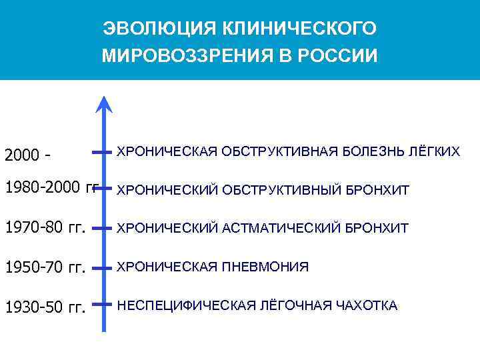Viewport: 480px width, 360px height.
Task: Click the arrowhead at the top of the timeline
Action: click(104, 105)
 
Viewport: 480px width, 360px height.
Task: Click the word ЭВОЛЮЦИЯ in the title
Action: click(143, 29)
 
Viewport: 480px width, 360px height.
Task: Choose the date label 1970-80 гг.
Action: click(45, 229)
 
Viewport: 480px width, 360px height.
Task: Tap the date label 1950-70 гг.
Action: click(45, 268)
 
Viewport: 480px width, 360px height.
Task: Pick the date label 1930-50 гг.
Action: click(45, 307)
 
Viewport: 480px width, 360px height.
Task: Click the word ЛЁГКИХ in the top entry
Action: click(434, 152)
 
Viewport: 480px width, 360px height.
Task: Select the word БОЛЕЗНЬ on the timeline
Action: click(369, 152)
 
